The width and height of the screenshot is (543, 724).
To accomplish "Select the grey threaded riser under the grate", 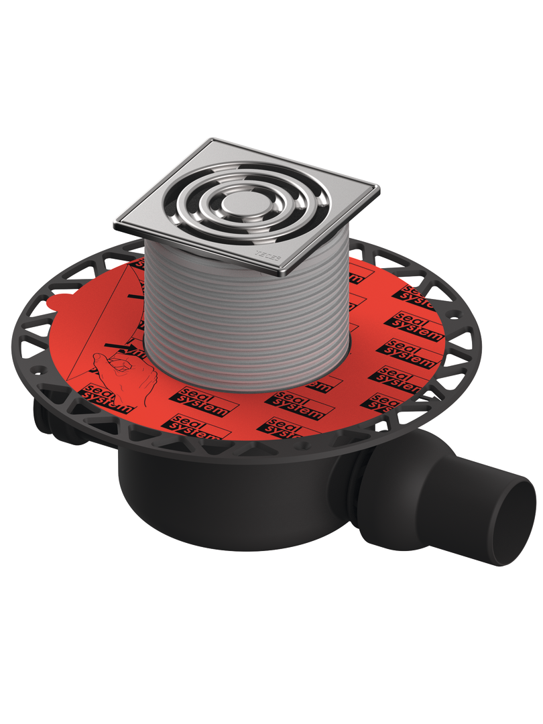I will tap(248, 322).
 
